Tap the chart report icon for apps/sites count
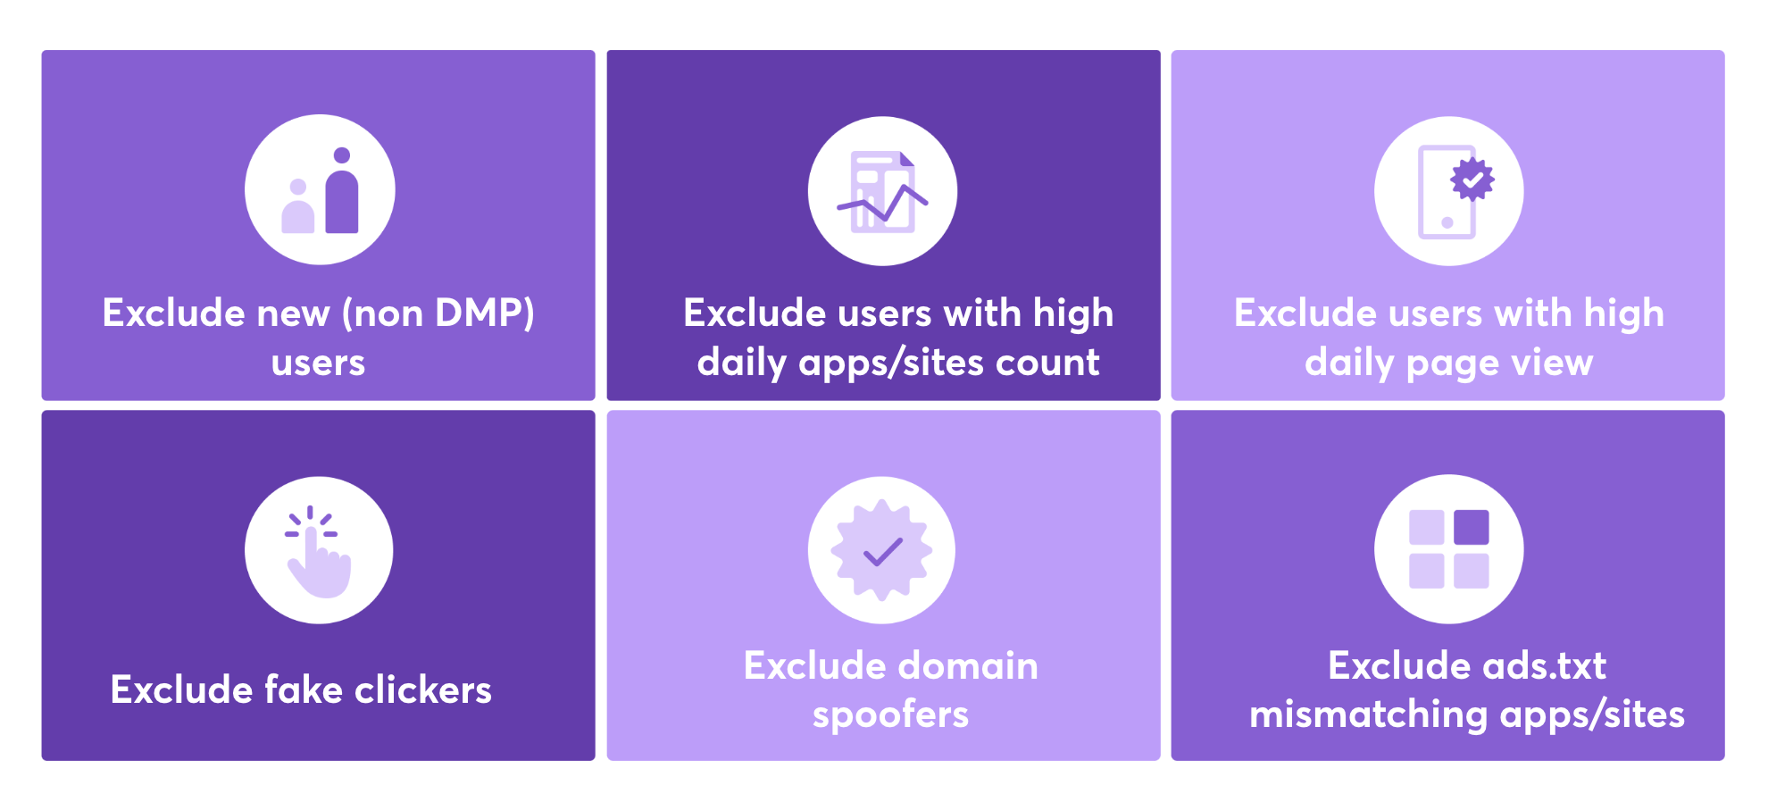pyautogui.click(x=882, y=191)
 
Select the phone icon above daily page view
pyautogui.click(x=1448, y=191)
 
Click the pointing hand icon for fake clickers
pyautogui.click(x=319, y=550)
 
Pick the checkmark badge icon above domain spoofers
pyautogui.click(x=882, y=550)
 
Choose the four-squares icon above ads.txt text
pyautogui.click(x=1448, y=549)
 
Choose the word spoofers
pyautogui.click(x=890, y=714)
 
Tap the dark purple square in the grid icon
pyautogui.click(x=1471, y=527)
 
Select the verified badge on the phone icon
pyautogui.click(x=1472, y=180)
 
